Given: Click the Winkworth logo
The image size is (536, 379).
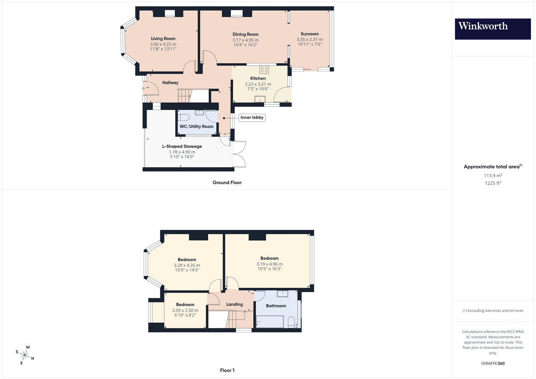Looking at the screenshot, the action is tap(493, 29).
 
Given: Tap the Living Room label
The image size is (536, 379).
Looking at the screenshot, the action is tap(163, 39).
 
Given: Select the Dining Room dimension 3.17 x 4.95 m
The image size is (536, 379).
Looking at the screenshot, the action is tap(245, 40).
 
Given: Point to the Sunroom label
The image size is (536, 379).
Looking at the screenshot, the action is tap(310, 34).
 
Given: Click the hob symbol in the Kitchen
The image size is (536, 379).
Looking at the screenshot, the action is tap(264, 70).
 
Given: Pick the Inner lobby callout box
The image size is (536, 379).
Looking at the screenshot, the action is tap(252, 118).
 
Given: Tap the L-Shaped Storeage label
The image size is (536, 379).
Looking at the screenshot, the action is tap(182, 146).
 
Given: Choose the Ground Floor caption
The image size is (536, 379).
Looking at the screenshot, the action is tap(227, 183).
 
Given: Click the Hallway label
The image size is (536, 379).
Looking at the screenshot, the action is tap(170, 83).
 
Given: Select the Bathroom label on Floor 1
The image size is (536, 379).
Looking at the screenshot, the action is tap(276, 306).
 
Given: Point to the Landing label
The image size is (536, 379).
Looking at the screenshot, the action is tap(234, 304).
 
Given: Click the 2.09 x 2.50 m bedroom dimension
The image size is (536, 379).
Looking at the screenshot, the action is tap(185, 310).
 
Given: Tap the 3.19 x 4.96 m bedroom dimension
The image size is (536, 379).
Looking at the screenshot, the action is tap(270, 264).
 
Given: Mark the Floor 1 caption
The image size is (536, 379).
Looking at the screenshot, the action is tap(227, 371).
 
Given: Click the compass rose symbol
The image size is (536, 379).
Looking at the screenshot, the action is tap(25, 355).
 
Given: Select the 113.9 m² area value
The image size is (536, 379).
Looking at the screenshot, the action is tap(493, 175).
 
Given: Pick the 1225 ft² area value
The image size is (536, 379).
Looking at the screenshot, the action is tap(493, 183).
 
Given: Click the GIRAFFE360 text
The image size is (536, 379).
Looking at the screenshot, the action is tap(493, 363).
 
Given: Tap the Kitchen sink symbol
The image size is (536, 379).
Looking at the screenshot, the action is tap(260, 99).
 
